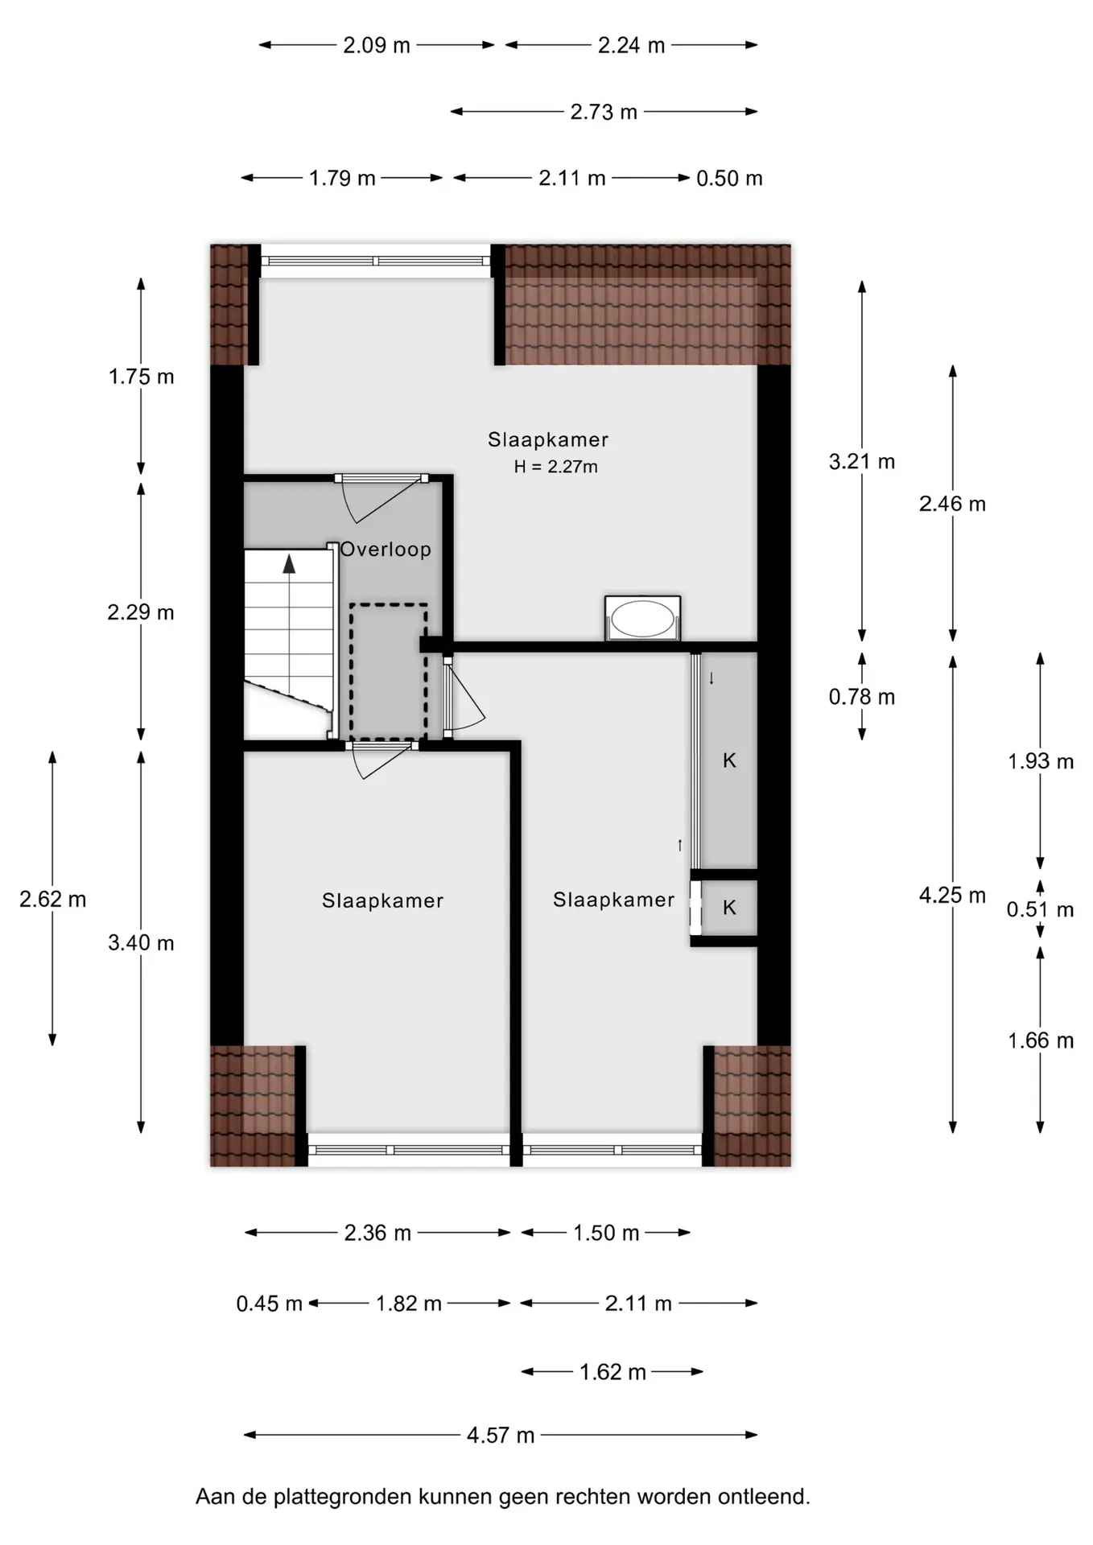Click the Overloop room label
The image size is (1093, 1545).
tap(386, 550)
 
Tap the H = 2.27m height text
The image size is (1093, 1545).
tap(556, 467)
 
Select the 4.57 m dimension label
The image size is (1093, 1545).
tap(501, 1435)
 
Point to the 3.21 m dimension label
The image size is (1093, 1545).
tap(862, 462)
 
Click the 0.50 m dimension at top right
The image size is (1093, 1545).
tap(729, 179)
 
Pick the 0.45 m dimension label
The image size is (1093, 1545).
tap(270, 1303)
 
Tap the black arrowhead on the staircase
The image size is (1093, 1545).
tap(289, 562)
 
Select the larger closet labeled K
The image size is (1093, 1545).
tap(729, 760)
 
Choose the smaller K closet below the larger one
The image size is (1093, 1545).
tap(729, 908)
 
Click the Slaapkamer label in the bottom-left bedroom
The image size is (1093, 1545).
tap(383, 900)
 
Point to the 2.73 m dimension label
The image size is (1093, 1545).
tap(604, 112)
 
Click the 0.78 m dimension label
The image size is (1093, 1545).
tap(862, 697)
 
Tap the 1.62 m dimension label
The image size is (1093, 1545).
tap(613, 1371)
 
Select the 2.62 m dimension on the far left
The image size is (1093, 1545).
tap(53, 899)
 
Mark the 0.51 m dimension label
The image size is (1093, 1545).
tap(1041, 909)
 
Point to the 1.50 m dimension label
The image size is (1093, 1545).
tap(606, 1233)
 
